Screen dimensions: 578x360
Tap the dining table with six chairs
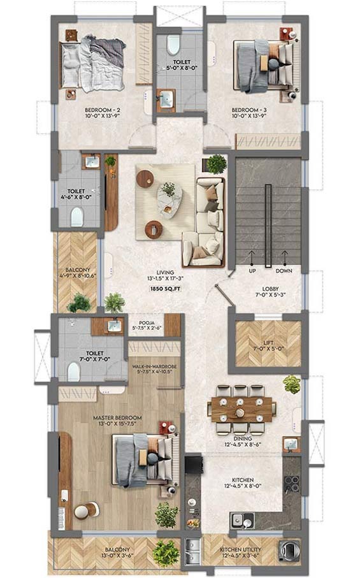pos(242,408)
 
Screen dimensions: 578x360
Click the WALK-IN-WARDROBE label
pos(154,368)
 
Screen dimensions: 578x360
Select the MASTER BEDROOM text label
pos(117,418)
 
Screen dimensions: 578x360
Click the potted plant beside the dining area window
pos(291,384)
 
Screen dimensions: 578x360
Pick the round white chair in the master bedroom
pos(83,510)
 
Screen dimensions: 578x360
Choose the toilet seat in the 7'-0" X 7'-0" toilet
pos(74,372)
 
